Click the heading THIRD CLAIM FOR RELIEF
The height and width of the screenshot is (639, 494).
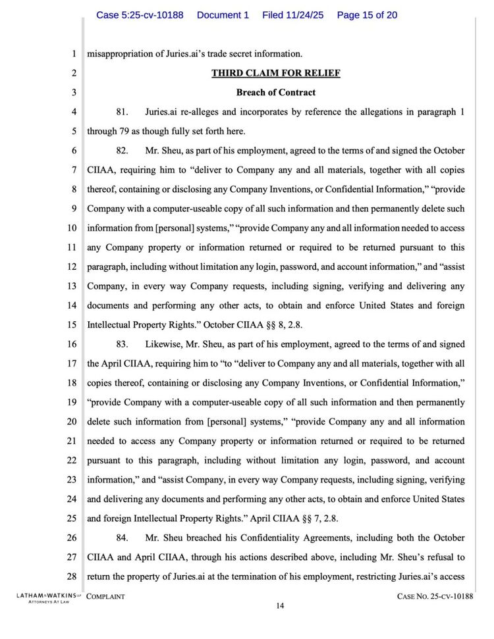pos(275,73)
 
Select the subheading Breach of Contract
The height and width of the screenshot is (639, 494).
pos(275,93)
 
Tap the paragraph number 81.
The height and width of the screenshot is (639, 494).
pos(122,112)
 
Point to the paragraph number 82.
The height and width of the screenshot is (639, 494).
pos(122,151)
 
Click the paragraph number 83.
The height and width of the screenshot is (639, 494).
pos(122,344)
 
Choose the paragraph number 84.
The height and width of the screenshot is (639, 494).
pos(122,538)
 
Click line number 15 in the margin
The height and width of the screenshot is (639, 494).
pos(72,325)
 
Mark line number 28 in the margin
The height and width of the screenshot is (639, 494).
pos(72,577)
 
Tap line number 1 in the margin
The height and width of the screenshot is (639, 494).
pos(74,54)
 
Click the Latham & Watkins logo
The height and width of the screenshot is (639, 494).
pos(42,598)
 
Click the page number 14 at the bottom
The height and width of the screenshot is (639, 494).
pos(280,607)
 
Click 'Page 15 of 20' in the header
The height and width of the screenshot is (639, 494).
pos(367,15)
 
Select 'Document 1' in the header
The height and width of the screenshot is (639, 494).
pos(223,15)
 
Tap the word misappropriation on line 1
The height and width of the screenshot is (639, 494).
pos(120,54)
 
